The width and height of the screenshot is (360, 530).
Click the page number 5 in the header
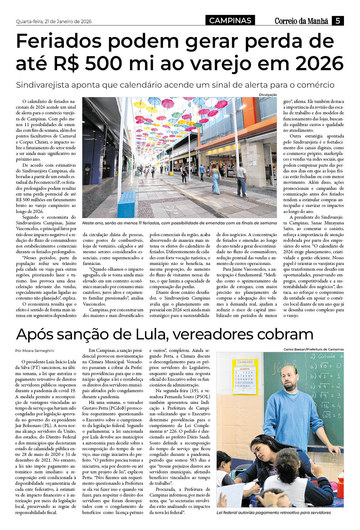(338, 21)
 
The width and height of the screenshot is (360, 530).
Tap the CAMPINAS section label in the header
(230, 21)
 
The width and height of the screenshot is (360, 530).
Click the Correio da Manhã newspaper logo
(301, 21)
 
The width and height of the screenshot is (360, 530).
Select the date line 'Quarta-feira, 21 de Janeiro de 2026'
(54, 21)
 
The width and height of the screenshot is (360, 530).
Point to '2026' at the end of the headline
(319, 63)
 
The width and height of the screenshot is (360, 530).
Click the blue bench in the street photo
(127, 204)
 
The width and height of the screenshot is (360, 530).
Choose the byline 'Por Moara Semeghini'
(35, 350)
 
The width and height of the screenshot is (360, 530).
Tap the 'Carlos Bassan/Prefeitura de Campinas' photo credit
(314, 349)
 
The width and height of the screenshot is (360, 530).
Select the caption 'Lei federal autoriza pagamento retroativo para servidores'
(273, 513)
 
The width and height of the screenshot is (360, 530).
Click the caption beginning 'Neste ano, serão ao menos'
(179, 223)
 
